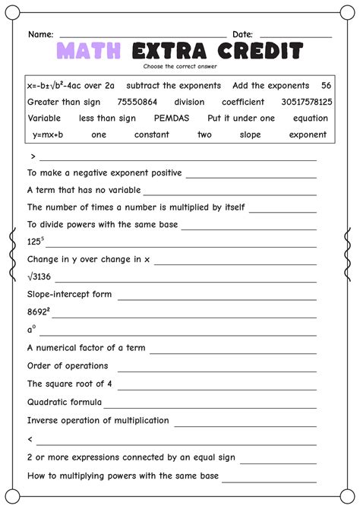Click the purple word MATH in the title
[x=89, y=52]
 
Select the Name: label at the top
[x=40, y=35]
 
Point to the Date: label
[x=242, y=35]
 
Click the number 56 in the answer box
[x=326, y=86]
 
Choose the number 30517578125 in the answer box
[x=306, y=102]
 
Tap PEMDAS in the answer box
[x=171, y=119]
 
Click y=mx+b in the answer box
[x=48, y=134]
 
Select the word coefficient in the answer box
[x=243, y=102]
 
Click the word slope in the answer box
[x=251, y=134]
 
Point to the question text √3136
[x=39, y=277]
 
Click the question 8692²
[x=39, y=311]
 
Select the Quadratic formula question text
[x=65, y=402]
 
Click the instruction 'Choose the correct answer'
[x=180, y=67]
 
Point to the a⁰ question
[x=32, y=330]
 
